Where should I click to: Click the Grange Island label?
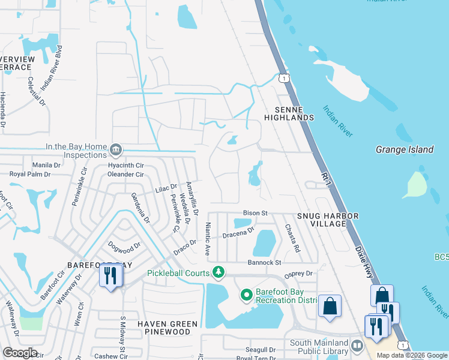pyautogui.click(x=405, y=149)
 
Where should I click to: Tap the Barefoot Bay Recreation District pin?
pyautogui.click(x=246, y=295)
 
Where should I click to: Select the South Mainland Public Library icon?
pyautogui.click(x=357, y=346)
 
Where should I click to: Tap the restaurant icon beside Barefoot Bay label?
pyautogui.click(x=110, y=276)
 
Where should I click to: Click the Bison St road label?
pyautogui.click(x=255, y=213)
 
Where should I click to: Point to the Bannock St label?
pyautogui.click(x=265, y=263)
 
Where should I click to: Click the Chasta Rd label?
pyautogui.click(x=292, y=238)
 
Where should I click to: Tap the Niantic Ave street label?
pyautogui.click(x=208, y=239)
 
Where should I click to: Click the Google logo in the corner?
pyautogui.click(x=20, y=353)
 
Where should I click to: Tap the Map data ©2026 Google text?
pyautogui.click(x=412, y=355)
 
